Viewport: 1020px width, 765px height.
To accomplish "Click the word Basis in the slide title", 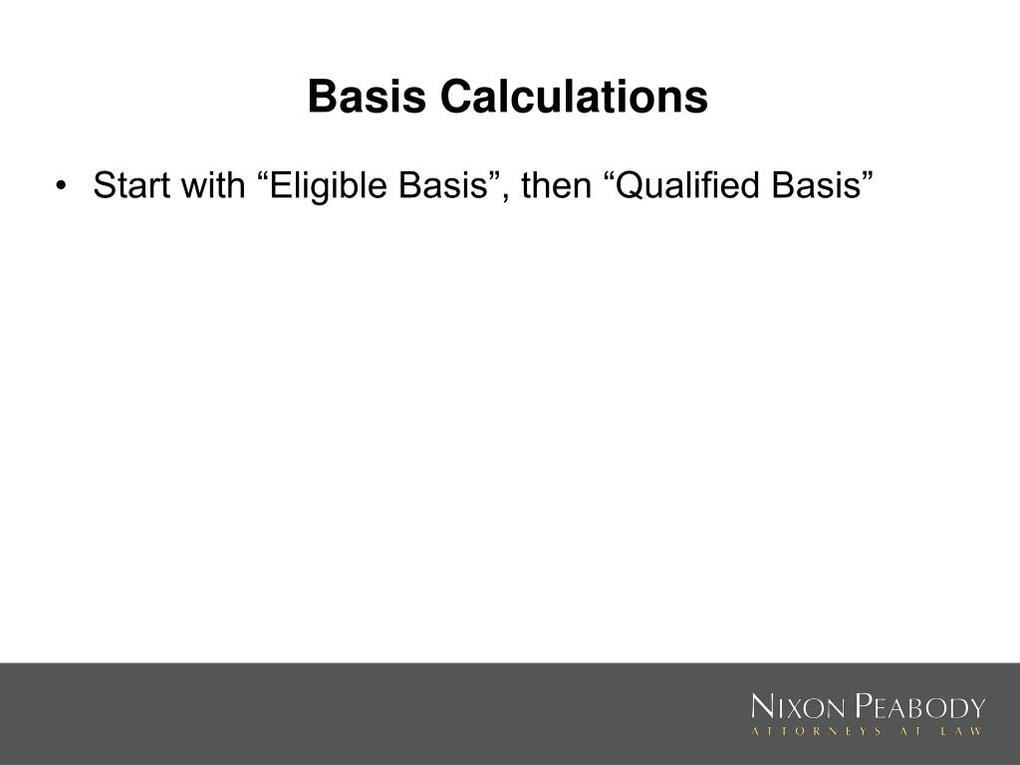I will [367, 98].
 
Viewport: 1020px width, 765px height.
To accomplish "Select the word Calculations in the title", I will [574, 98].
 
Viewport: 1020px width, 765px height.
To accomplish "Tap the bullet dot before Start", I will [64, 186].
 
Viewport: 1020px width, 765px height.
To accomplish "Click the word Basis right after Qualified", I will [818, 185].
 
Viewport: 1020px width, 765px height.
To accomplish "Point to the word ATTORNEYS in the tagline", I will [817, 732].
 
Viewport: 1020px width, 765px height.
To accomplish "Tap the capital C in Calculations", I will [456, 98].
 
